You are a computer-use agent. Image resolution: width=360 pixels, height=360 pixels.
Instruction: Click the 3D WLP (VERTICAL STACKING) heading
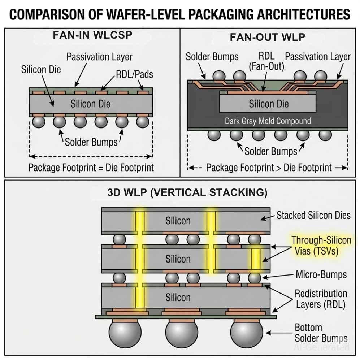[187, 192]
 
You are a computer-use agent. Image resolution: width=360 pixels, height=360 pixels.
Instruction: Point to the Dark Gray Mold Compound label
[268, 121]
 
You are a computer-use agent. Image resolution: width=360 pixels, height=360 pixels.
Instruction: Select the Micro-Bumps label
[321, 274]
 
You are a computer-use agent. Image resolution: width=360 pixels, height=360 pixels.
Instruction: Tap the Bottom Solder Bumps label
[321, 333]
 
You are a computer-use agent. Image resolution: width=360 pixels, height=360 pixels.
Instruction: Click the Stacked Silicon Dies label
[313, 216]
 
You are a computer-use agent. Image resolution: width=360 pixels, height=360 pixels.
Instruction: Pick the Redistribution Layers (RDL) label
[321, 299]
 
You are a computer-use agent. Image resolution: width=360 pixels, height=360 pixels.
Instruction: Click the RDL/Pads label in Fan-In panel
[134, 74]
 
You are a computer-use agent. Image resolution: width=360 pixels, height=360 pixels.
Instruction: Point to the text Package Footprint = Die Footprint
[91, 168]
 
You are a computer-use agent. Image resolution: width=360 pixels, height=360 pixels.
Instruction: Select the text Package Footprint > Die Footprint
[269, 168]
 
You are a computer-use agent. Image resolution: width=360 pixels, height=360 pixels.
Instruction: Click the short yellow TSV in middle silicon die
[255, 259]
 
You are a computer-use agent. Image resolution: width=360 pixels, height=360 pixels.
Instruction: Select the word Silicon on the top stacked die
[178, 220]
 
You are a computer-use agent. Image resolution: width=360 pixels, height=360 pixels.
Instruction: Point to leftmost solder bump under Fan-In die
[38, 122]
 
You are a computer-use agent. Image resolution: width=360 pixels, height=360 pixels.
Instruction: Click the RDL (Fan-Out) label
[267, 61]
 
